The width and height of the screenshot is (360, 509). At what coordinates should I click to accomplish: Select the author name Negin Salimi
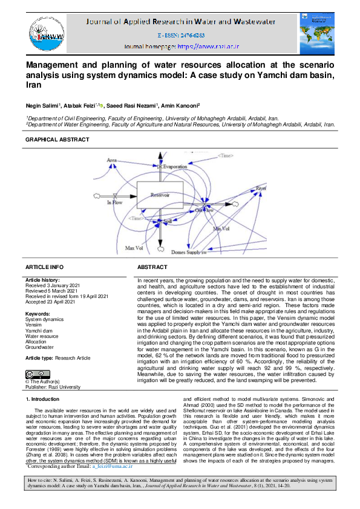click(46, 105)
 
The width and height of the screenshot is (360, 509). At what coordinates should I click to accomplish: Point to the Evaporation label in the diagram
click(175, 166)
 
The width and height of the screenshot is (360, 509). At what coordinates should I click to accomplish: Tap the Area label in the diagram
click(112, 160)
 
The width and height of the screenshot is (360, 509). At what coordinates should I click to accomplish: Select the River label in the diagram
click(260, 189)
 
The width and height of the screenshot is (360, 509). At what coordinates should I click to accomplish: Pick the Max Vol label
click(133, 248)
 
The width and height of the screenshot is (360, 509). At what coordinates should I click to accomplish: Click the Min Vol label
click(221, 229)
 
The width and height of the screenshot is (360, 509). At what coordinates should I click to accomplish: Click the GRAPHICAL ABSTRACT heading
click(57, 140)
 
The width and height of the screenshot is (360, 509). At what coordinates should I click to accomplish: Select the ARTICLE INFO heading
click(44, 267)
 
